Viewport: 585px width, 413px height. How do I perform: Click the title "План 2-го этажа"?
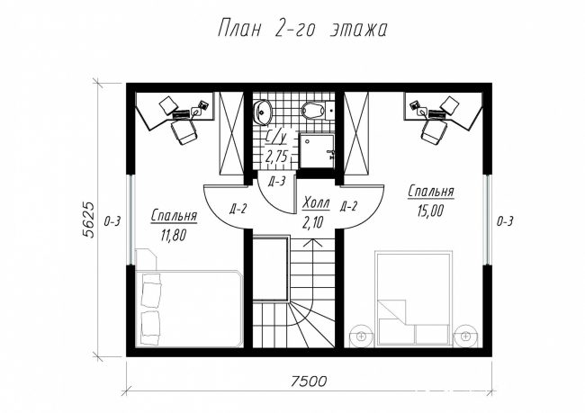pos(302,29)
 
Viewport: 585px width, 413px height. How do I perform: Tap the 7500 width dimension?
pos(309,381)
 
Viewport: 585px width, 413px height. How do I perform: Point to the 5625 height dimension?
pos(89,220)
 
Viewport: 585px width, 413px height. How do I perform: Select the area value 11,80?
pos(173,235)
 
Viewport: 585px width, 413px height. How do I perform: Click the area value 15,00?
pos(430,211)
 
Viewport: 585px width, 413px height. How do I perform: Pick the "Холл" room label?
pos(316,203)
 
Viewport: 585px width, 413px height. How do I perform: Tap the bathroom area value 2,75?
pos(275,157)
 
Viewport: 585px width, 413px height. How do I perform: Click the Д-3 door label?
pos(277,182)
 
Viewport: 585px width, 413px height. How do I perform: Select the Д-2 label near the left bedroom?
pos(238,209)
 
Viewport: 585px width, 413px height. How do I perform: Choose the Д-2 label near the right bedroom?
pos(348,206)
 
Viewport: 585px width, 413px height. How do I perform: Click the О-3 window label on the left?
pos(112,221)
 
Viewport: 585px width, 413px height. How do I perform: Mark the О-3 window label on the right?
pos(504,221)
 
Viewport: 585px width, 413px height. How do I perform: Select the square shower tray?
pos(317,151)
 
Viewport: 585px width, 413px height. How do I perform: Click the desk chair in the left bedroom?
pos(184,132)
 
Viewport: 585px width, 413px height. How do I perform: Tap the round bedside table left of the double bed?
pos(361,336)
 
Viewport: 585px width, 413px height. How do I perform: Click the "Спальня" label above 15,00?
pos(431,192)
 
